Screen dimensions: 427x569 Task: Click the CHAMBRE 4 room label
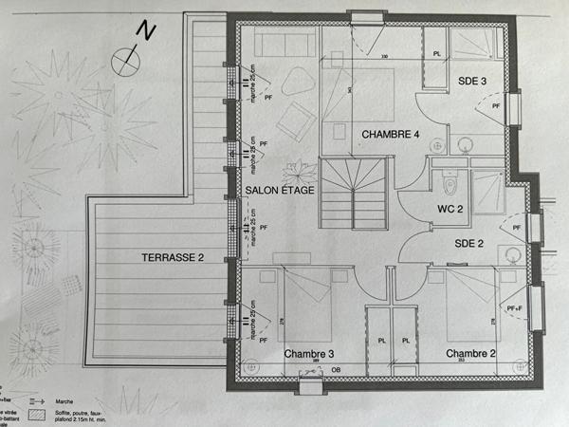390,135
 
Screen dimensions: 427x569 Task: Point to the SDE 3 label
471,83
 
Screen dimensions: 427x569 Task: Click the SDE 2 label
469,243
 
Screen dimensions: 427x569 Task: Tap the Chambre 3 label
309,354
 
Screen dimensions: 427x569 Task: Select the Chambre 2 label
471,354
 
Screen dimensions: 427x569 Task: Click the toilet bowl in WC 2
449,180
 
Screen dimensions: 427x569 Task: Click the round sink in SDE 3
466,145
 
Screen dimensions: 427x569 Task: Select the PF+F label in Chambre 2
514,307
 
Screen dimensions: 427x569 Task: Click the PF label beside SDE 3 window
496,107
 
